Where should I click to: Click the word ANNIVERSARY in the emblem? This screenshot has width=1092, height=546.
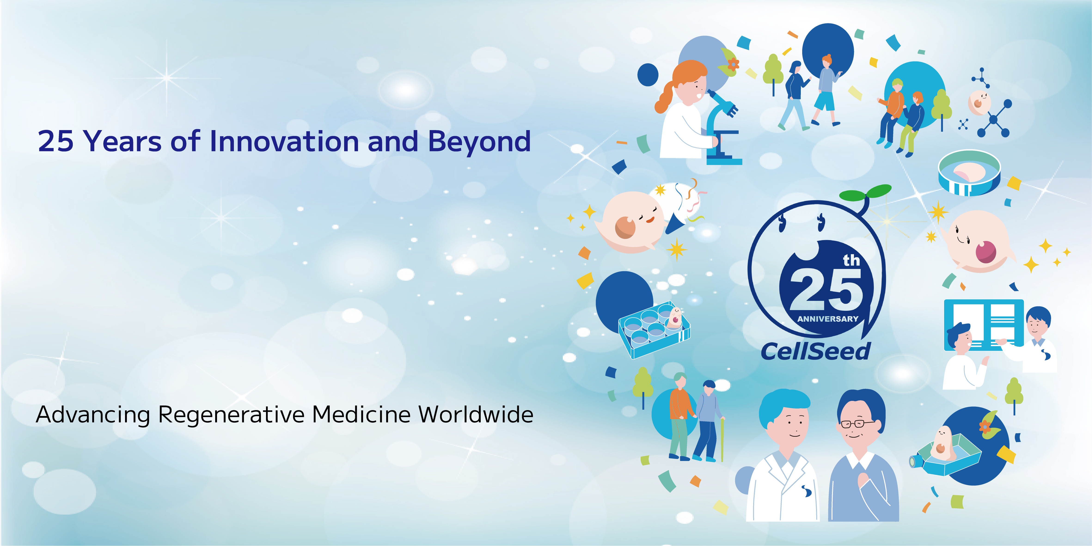pyautogui.click(x=827, y=319)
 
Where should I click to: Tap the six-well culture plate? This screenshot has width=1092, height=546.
pyautogui.click(x=654, y=330)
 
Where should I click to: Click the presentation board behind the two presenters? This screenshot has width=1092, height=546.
pyautogui.click(x=983, y=325)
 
